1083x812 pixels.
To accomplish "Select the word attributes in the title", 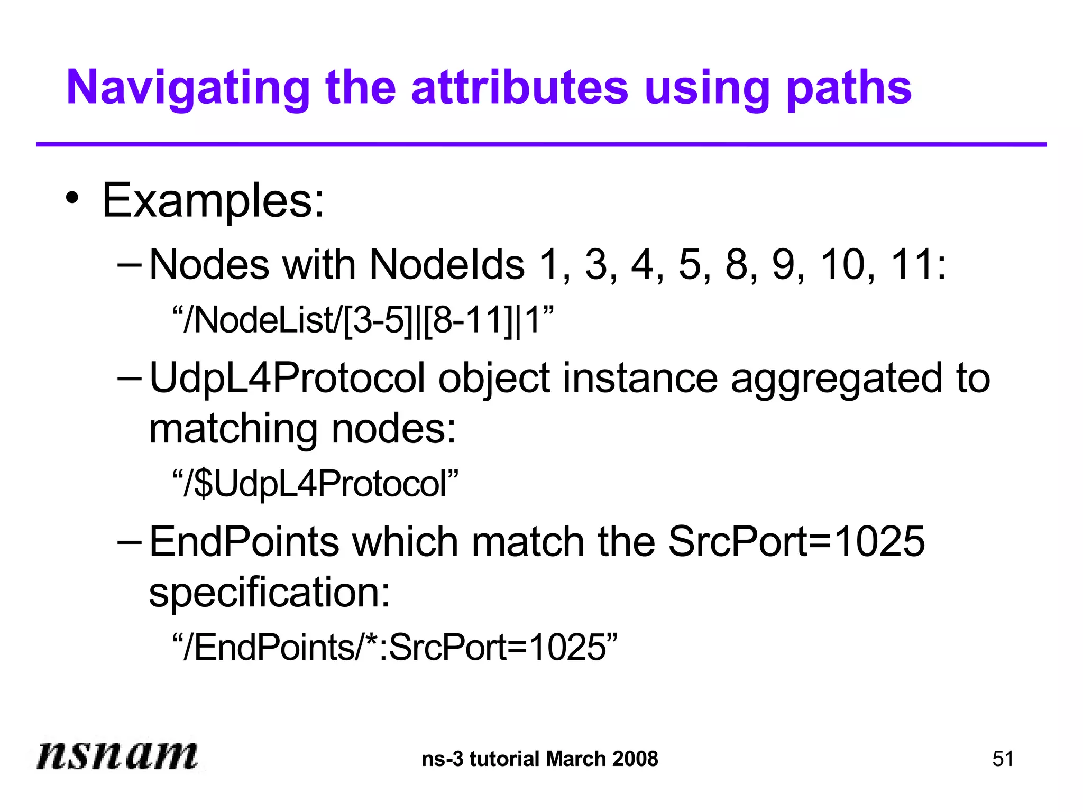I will [519, 88].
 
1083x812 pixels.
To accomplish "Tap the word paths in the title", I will [849, 89].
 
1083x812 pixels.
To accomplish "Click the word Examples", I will [213, 201].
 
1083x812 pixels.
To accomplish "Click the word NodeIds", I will [447, 264].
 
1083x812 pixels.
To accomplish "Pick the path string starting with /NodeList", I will [363, 320].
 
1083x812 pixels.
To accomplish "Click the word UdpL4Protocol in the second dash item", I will [287, 379].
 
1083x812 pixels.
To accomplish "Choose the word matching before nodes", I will [233, 429].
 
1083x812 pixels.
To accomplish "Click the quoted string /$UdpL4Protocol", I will [315, 484].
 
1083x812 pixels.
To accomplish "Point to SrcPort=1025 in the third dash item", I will [796, 542].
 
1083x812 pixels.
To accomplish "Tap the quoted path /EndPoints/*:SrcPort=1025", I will [394, 647].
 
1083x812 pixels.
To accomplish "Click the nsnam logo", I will [117, 755].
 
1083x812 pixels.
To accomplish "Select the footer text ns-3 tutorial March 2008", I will [540, 759].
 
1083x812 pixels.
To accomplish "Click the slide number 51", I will [1003, 759].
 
